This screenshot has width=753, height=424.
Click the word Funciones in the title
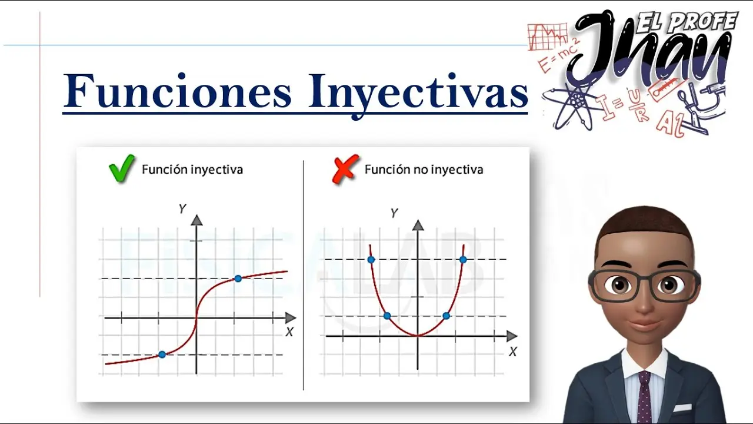tap(177, 91)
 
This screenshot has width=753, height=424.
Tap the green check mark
tap(122, 168)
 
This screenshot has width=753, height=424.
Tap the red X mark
tap(345, 169)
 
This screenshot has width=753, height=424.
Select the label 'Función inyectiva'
tap(192, 169)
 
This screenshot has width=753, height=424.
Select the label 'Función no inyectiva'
tap(424, 169)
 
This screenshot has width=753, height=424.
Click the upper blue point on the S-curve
tap(238, 279)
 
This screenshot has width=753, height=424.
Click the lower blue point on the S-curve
tap(162, 355)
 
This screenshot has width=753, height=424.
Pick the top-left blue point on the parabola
tap(371, 260)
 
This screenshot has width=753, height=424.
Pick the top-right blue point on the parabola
tap(463, 260)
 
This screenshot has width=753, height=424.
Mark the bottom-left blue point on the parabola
tap(387, 316)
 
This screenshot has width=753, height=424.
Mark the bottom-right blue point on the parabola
tap(446, 316)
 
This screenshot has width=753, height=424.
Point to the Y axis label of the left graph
tap(182, 209)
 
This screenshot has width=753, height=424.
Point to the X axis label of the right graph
tap(512, 352)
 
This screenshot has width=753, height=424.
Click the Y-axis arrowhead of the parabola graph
tap(418, 225)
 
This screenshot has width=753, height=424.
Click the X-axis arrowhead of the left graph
tap(291, 317)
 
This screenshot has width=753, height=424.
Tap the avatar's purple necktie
tap(644, 397)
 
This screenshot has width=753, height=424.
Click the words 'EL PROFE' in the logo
tap(687, 22)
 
